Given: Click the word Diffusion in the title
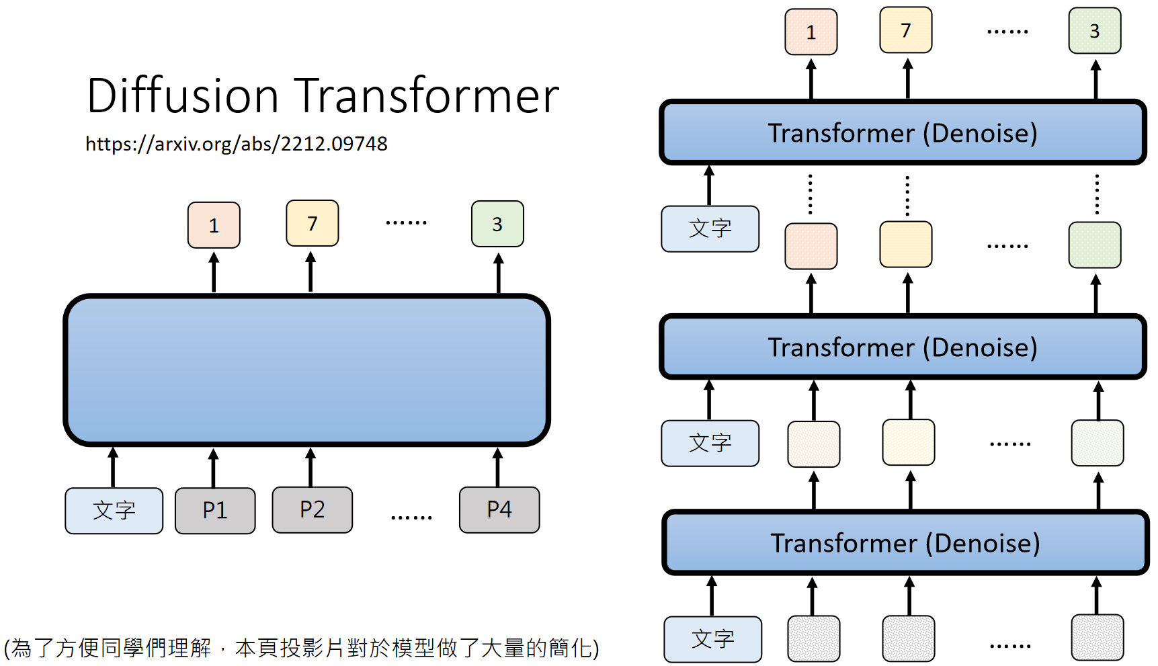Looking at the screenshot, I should click(182, 95).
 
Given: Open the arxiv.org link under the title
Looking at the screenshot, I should click(236, 144).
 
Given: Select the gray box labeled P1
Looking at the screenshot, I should click(215, 511).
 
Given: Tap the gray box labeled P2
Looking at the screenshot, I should click(312, 510).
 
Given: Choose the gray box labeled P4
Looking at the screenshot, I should click(499, 510).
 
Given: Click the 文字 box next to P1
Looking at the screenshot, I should click(114, 511).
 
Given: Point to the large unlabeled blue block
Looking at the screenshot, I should click(306, 370).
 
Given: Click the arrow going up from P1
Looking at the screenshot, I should click(213, 468).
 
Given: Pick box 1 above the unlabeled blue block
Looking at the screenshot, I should click(214, 225).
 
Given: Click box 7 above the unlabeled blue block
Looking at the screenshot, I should click(312, 223).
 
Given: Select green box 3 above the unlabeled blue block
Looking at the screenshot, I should click(497, 224).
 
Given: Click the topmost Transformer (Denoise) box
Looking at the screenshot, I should click(903, 132).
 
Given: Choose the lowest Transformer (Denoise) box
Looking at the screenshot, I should click(905, 542).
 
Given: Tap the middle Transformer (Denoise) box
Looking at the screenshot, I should click(903, 347).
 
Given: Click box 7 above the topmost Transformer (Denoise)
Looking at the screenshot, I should click(905, 30).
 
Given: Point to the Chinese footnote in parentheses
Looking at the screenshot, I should click(301, 648).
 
